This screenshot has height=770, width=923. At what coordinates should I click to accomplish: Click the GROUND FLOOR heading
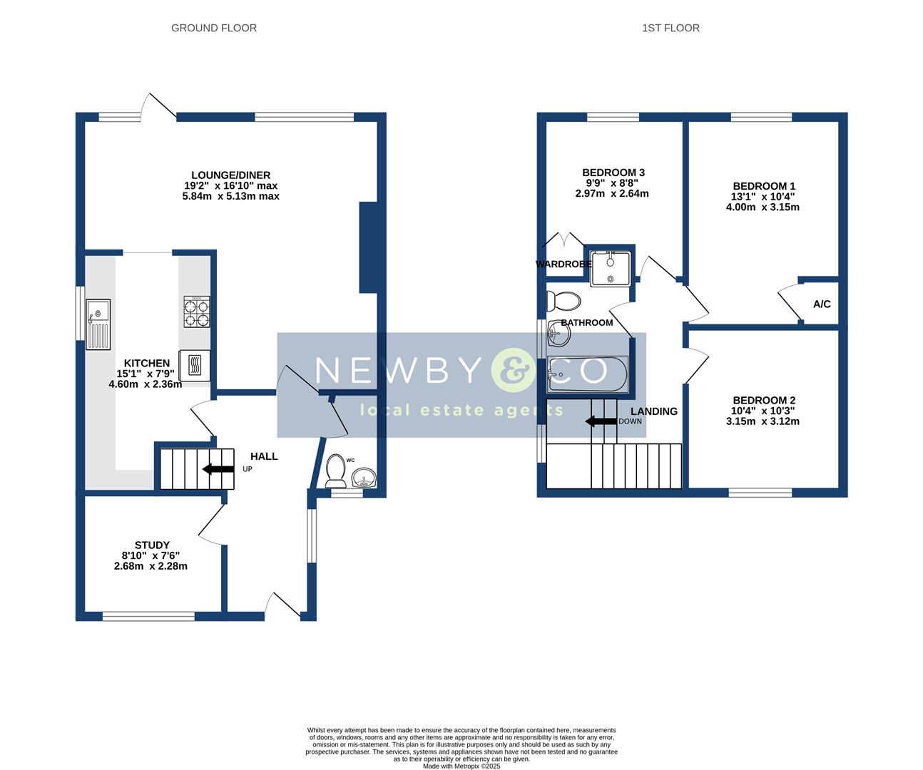coord(214,28)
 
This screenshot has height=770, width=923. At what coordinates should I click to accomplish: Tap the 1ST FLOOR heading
coord(670,28)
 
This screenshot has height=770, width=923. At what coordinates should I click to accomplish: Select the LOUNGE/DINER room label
coord(230,175)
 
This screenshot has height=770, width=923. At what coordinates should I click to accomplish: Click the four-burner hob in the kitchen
coord(197,312)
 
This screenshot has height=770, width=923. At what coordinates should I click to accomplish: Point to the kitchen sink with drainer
coord(98,324)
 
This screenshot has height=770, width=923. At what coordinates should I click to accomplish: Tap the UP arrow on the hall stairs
coord(218,469)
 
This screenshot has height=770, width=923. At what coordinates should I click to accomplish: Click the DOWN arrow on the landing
coord(601,421)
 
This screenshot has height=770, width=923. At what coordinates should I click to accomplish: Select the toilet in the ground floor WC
coord(335,471)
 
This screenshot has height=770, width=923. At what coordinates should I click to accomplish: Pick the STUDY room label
coord(152,545)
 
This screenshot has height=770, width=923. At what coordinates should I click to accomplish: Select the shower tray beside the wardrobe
coord(610,268)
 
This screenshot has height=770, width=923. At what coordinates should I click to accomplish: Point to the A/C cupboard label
coord(822,304)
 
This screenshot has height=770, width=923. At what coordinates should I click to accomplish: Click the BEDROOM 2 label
coord(764,401)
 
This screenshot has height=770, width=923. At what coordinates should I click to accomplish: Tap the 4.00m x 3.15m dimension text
coord(763,207)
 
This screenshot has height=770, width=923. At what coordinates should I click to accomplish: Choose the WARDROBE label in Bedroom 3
coord(564,265)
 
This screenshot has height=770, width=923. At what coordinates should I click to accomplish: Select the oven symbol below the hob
coord(195,366)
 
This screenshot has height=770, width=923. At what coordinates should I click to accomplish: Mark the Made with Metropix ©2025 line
coord(461,766)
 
